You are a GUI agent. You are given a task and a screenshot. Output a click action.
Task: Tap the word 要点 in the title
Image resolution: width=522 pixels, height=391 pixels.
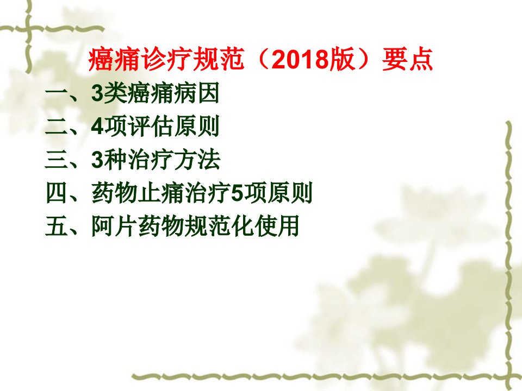point(407,60)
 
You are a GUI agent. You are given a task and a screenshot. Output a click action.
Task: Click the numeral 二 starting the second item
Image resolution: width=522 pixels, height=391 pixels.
point(57,127)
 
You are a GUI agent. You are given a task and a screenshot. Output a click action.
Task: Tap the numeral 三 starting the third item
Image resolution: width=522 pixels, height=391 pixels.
point(57,160)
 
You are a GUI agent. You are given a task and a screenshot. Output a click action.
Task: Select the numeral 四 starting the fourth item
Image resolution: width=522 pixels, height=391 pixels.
point(57,193)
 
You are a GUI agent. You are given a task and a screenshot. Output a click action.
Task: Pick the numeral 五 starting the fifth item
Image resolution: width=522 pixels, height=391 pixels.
point(57,226)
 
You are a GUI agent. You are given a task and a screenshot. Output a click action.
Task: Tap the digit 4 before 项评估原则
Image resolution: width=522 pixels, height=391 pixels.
point(97,127)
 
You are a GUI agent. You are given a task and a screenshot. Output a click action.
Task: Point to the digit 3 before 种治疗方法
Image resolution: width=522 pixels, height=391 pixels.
point(97,160)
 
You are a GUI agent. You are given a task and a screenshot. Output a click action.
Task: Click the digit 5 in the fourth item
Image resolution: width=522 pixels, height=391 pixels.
point(237,193)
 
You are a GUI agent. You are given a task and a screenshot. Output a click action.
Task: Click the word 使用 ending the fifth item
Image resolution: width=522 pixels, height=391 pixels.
point(277,226)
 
